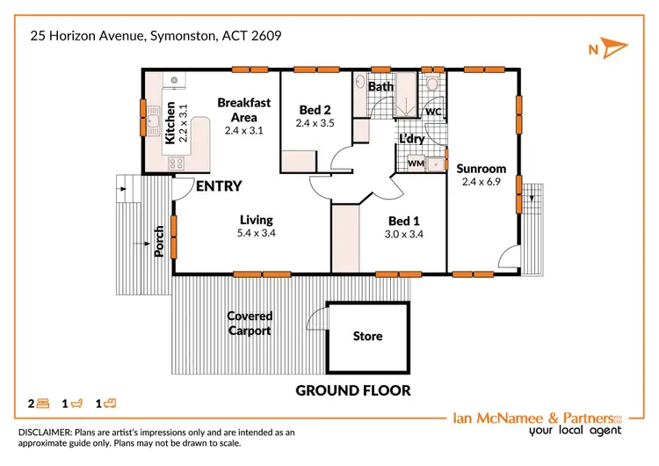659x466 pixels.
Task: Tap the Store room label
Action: (x=367, y=337)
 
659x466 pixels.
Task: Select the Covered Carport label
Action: (x=250, y=324)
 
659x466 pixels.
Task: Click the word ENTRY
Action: (x=218, y=186)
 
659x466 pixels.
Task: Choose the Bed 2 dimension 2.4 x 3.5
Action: (x=315, y=124)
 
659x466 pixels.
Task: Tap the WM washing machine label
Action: (x=415, y=164)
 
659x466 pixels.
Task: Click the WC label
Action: (x=432, y=113)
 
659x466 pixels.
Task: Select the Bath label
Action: (x=380, y=87)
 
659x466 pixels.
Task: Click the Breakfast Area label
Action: (x=243, y=110)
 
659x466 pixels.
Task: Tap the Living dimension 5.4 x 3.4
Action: (x=257, y=234)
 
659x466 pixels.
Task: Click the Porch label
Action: (x=159, y=242)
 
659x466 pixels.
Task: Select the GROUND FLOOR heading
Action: (x=352, y=390)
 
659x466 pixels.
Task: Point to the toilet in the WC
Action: (x=431, y=84)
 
